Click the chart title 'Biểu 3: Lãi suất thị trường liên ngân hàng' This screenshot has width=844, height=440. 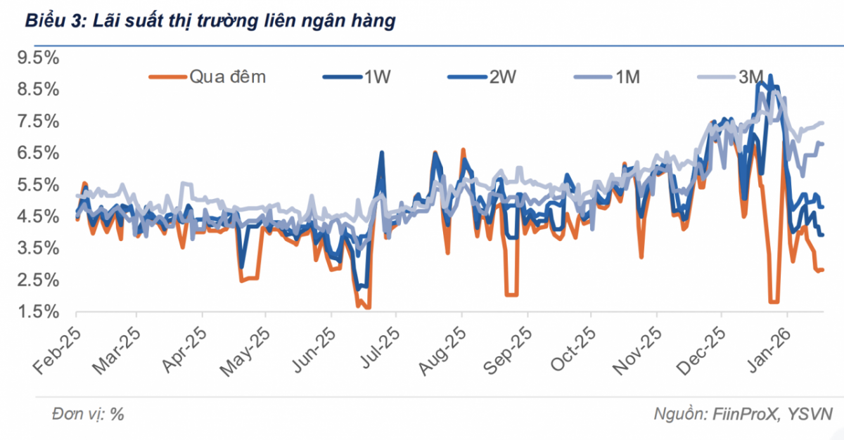210,22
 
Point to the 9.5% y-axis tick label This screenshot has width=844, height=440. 39,58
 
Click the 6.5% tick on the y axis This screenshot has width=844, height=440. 39,153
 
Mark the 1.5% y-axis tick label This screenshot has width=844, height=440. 39,312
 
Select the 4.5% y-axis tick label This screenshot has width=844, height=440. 39,216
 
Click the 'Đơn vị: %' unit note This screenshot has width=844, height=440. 88,414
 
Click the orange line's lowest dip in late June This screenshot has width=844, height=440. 366,307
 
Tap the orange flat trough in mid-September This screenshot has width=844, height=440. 511,295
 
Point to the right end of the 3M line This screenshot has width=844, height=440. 821,124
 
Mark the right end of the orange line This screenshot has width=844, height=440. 821,270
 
